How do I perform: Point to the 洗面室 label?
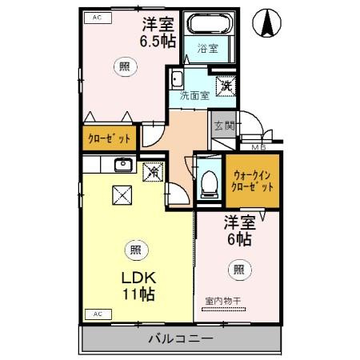[194, 95]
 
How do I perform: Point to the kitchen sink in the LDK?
[123, 166]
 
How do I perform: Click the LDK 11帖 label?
[138, 286]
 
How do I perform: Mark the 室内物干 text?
[228, 301]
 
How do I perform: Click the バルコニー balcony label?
[181, 339]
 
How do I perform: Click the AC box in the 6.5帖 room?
[97, 17]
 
